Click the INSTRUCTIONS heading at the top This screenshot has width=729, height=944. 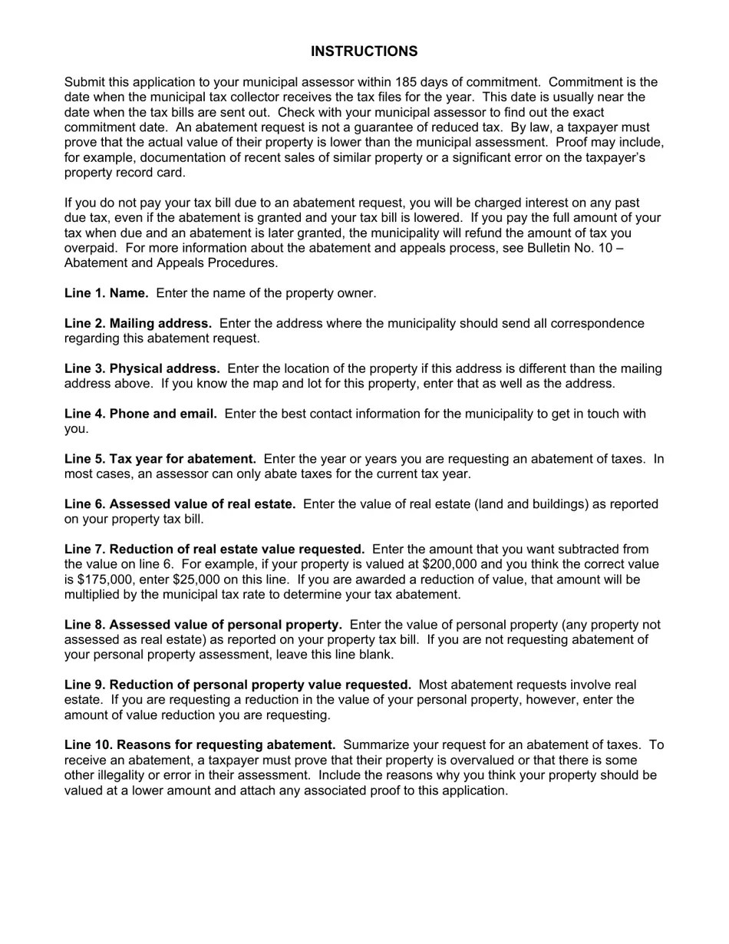coord(364,51)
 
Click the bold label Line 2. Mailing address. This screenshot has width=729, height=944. coord(138,323)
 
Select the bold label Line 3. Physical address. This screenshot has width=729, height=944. coord(142,368)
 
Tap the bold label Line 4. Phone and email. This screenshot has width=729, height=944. coord(140,414)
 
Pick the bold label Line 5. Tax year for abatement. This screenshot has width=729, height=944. coord(160,459)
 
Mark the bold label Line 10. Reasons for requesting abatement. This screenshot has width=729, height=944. coord(200,745)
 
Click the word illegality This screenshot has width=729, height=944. coord(126,775)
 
